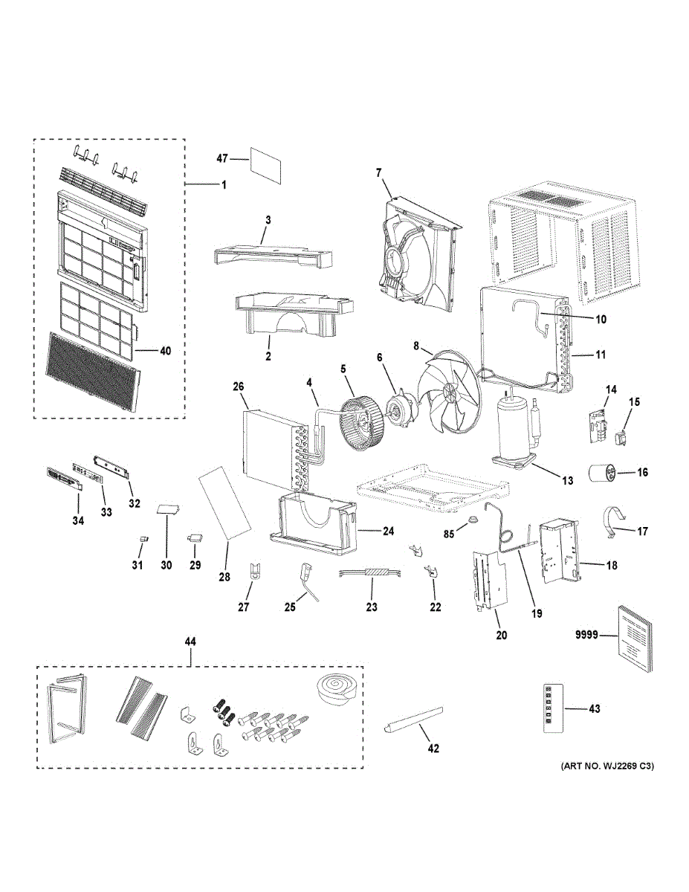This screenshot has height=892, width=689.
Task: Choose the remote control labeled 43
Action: (550, 708)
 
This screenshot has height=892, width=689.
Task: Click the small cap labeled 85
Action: (470, 527)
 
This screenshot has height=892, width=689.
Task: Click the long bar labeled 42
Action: (413, 721)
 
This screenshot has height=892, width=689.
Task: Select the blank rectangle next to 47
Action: (266, 164)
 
